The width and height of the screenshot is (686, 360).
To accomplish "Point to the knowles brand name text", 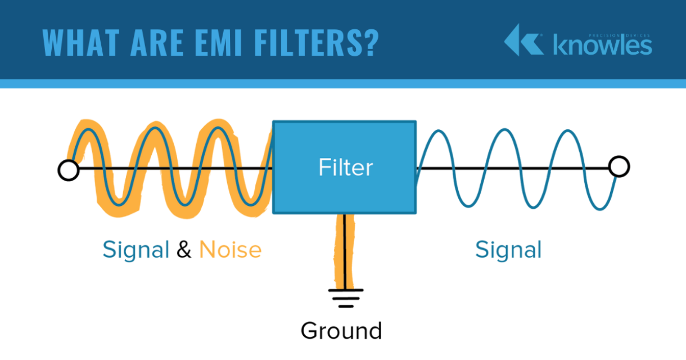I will coord(603,46).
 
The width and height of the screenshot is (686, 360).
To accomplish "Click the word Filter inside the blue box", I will coord(345,168).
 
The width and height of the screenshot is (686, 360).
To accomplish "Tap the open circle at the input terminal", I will coord(69,170).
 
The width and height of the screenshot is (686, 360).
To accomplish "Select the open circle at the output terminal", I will coord(619,167).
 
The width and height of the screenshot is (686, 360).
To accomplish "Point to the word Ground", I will coord(341,331).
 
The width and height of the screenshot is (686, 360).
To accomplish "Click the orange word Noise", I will coord(231,250).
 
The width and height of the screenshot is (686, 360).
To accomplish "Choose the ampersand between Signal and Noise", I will coord(184,250).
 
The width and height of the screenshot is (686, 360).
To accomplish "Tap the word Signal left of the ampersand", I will coord(136,250).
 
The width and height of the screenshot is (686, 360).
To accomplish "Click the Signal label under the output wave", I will coord(508,250).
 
